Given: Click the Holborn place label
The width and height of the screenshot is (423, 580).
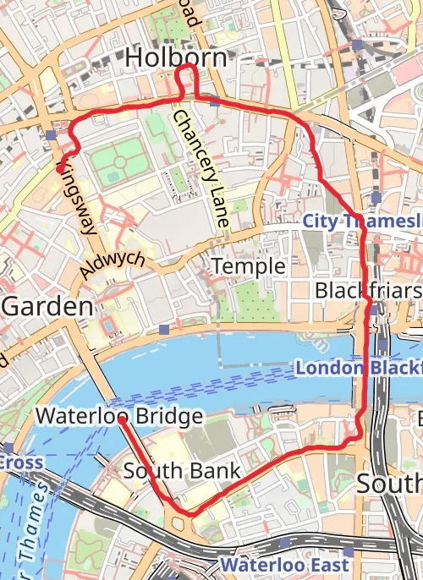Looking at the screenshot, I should [x=176, y=57].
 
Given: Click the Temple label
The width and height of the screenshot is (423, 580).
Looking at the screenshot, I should [x=248, y=266].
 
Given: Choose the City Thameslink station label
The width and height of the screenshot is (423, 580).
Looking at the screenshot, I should [x=362, y=222].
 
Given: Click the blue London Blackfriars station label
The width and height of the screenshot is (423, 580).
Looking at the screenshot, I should [x=358, y=369].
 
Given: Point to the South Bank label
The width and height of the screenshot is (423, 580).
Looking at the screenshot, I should [x=182, y=471].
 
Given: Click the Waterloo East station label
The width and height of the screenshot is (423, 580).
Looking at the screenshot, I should [x=283, y=564].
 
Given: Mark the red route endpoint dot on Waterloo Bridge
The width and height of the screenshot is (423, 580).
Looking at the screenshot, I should [x=123, y=419].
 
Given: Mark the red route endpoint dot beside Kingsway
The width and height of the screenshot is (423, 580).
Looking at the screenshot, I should [x=59, y=168].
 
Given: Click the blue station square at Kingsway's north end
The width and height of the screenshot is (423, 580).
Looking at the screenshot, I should [x=52, y=135].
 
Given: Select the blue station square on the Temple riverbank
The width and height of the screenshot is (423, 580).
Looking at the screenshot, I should [x=164, y=329].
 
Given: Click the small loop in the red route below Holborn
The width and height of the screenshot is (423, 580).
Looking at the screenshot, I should [x=186, y=80].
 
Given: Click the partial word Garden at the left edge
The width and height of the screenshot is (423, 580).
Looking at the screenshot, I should [x=47, y=306].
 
